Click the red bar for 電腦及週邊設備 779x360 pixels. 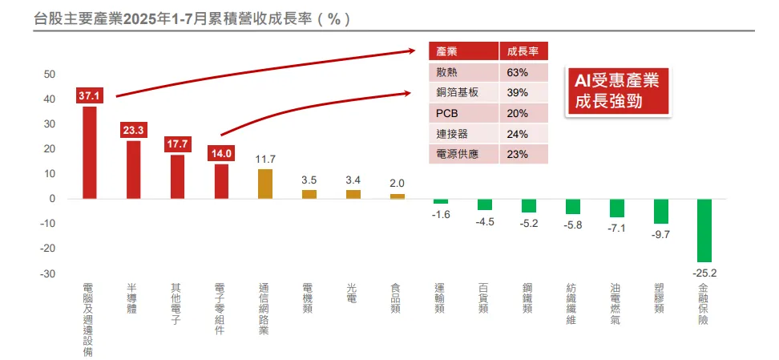pos(90,152)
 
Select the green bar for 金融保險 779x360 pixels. pos(704,230)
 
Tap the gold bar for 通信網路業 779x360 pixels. pos(265,184)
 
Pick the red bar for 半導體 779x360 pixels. pos(133,169)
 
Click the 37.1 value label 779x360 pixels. pos(90,96)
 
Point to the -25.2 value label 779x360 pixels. pos(704,273)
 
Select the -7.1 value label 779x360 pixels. pos(616,229)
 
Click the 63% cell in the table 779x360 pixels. pos(518,72)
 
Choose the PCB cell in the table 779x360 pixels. pos(447,113)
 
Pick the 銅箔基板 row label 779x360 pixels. pos(457,92)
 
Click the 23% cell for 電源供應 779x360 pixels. pos(518,154)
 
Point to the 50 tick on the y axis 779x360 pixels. pos(49,75)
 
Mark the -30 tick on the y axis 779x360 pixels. pos(47,274)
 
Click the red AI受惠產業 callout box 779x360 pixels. pos(616,91)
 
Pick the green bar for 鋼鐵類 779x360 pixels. pos(528,205)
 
